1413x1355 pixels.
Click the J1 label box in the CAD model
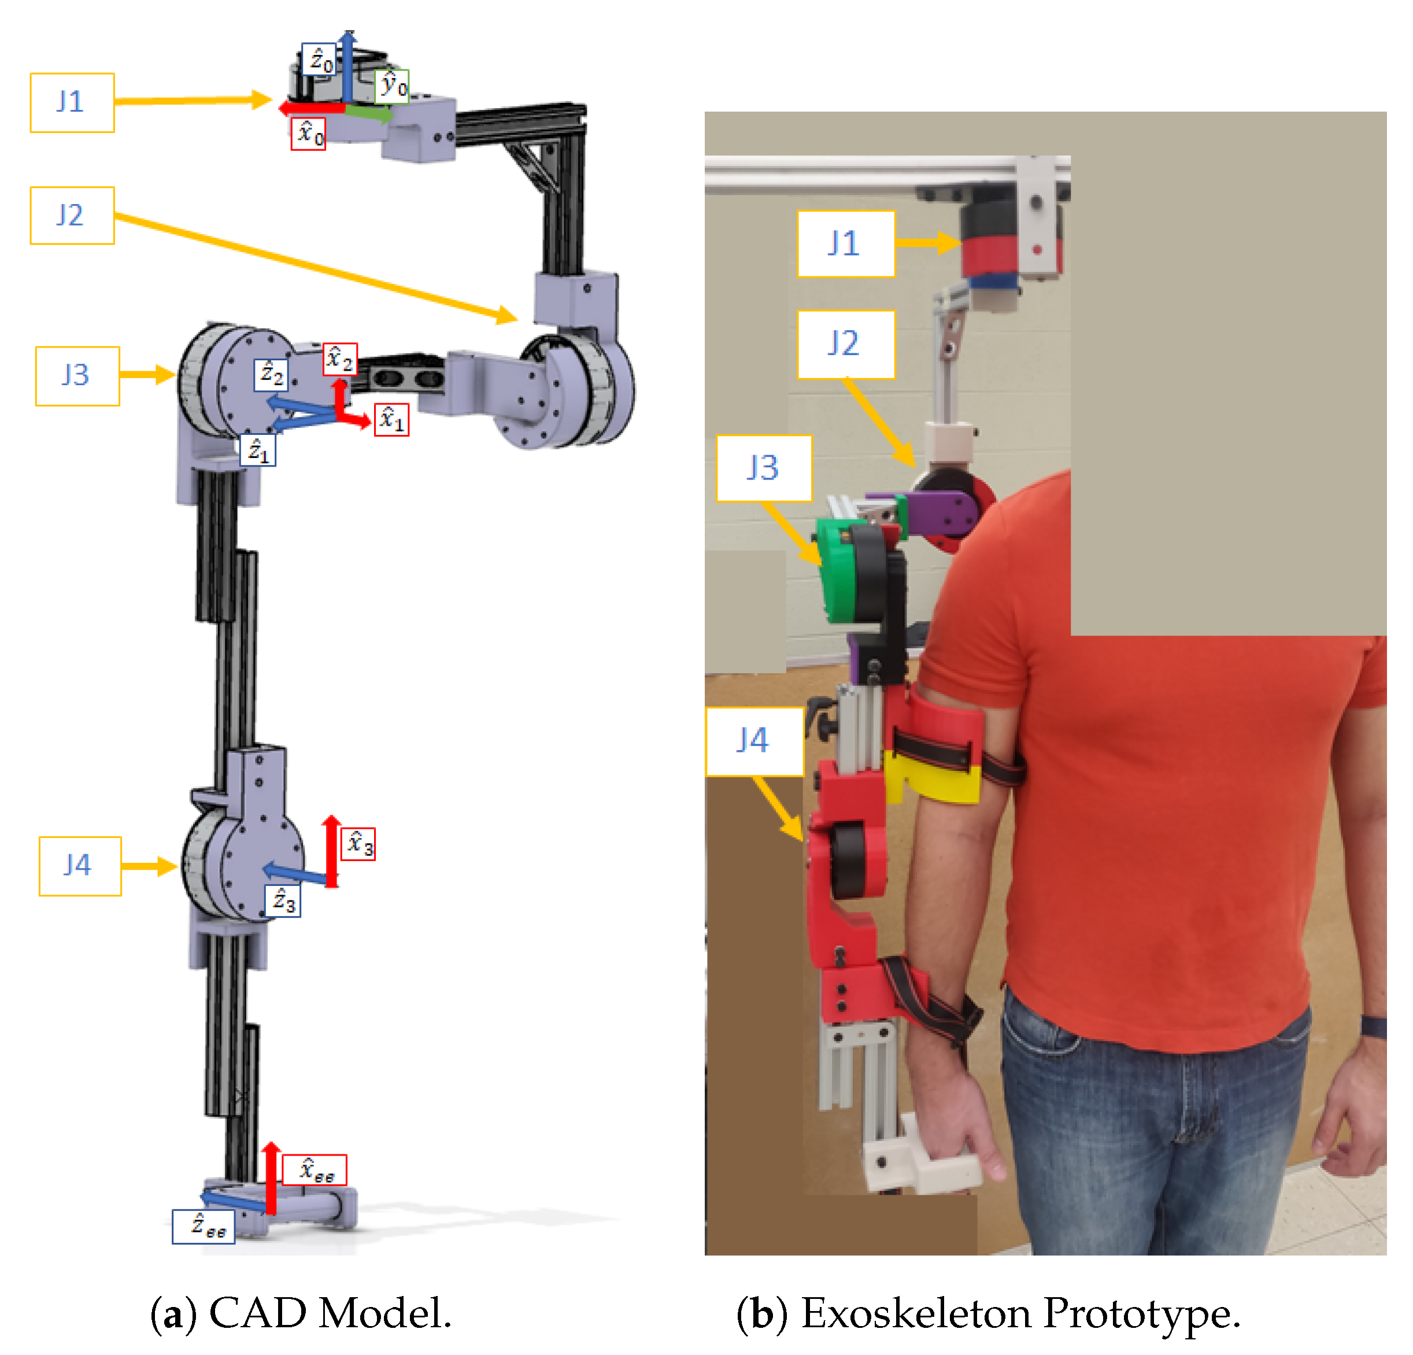(72, 102)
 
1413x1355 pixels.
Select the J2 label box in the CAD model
(72, 216)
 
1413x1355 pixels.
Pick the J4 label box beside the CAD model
(80, 866)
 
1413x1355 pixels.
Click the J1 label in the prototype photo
(846, 243)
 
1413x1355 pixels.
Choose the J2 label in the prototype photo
(846, 345)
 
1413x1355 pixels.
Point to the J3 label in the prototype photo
(764, 468)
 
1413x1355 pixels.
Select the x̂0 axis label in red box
(308, 134)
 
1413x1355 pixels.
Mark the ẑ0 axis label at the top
(318, 60)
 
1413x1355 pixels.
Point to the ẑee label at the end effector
(204, 1226)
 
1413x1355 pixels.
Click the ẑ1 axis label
(258, 451)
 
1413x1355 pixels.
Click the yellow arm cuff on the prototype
(932, 777)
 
